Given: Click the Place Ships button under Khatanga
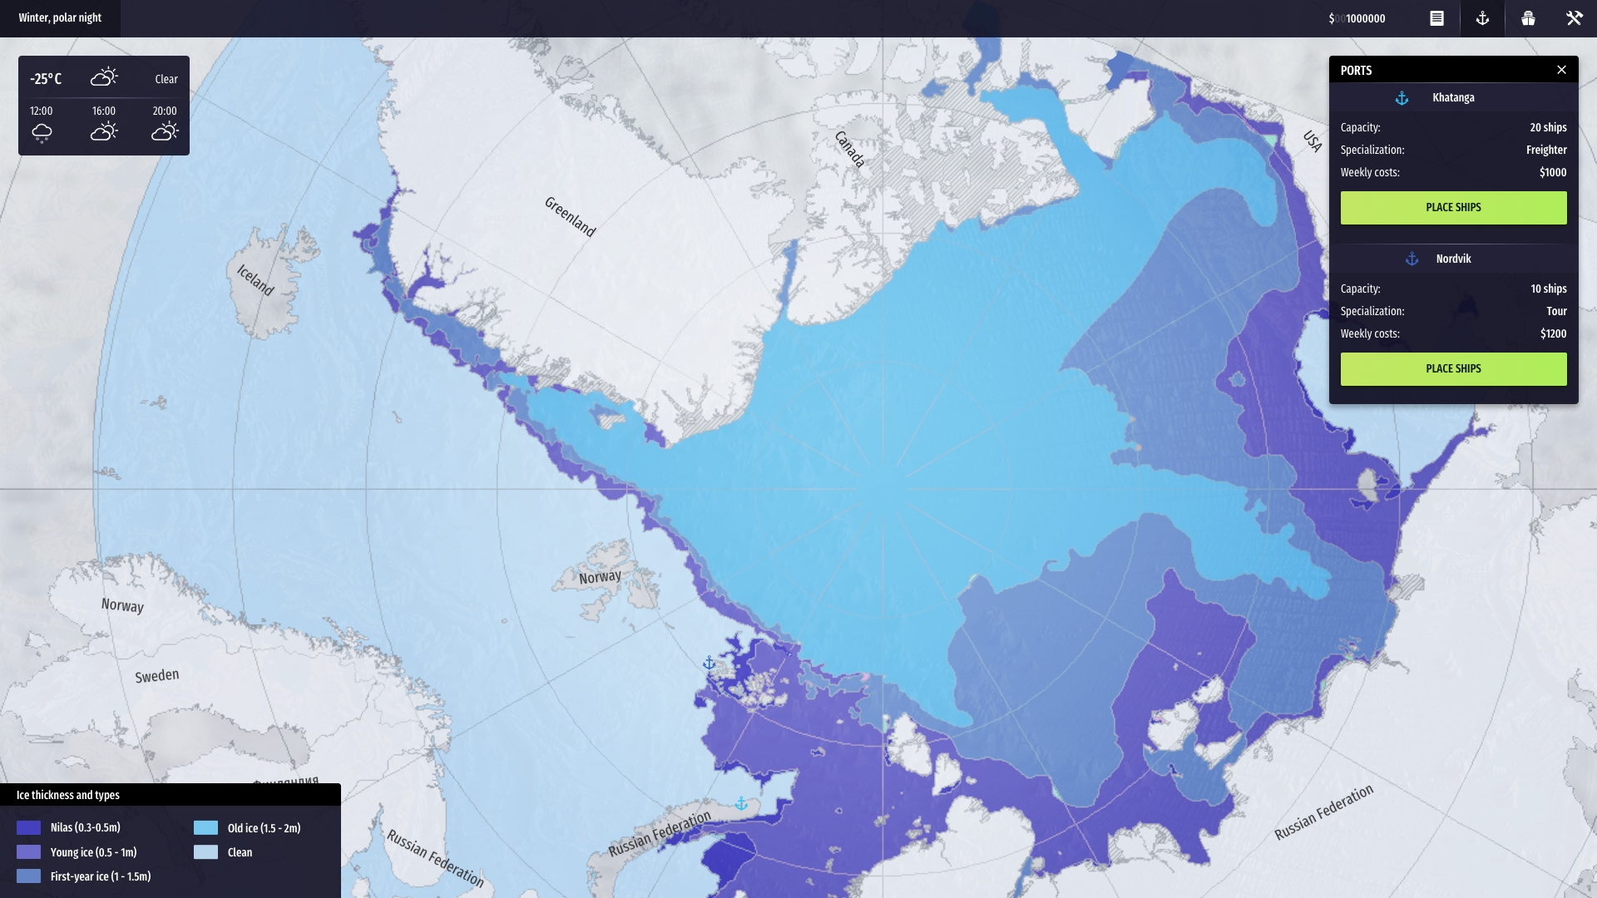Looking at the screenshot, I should click(x=1453, y=208).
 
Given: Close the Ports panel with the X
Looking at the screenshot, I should click(x=1561, y=70).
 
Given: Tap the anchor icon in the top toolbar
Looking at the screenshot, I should click(x=1482, y=18).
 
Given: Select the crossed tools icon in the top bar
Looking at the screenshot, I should click(x=1574, y=18).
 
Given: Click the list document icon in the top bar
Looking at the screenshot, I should click(x=1436, y=18).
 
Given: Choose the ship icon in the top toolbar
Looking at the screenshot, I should click(x=1528, y=18).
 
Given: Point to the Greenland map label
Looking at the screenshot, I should click(x=570, y=217).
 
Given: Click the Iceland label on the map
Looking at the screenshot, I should click(x=255, y=280).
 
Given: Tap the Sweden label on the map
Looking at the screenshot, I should click(x=157, y=675).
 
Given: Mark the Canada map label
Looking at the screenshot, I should click(x=849, y=149).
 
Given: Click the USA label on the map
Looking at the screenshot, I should click(x=1313, y=141).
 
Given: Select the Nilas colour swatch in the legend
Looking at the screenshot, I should click(x=28, y=827).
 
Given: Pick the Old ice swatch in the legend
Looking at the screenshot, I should click(x=205, y=828).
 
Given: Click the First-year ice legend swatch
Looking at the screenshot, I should click(x=28, y=876).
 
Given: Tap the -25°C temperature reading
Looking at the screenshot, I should click(x=46, y=79).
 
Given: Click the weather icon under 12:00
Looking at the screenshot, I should click(x=42, y=132).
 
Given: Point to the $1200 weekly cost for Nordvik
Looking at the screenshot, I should click(x=1553, y=333).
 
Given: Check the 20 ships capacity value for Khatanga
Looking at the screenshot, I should click(x=1548, y=127).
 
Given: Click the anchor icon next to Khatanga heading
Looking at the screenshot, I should click(x=1402, y=98).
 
